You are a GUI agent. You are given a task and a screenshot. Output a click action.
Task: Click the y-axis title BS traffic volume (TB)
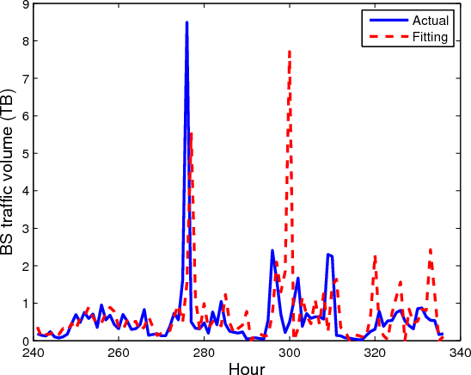[x=10, y=172]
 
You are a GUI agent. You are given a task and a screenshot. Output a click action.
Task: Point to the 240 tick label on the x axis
[x=34, y=352]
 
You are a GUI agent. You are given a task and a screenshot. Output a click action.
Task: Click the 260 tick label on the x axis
[x=119, y=352]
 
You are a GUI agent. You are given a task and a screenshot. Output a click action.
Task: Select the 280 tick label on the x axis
[x=205, y=352]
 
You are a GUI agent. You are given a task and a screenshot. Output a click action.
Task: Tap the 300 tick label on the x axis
[x=290, y=352]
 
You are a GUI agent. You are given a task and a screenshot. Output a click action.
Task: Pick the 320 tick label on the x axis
[x=375, y=352]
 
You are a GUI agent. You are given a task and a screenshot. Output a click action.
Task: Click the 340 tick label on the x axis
[x=459, y=352]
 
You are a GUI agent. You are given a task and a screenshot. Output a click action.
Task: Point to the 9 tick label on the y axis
[x=25, y=4]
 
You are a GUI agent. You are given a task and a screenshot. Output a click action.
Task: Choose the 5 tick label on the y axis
[x=25, y=154]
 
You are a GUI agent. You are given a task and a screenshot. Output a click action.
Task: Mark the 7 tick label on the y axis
[x=25, y=79]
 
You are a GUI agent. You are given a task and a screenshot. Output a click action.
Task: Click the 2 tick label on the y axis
[x=25, y=267]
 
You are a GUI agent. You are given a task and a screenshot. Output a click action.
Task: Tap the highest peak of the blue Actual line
[x=187, y=23]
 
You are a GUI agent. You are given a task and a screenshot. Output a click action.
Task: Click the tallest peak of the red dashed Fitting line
[x=290, y=51]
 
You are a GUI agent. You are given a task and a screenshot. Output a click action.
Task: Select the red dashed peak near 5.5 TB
[x=191, y=133]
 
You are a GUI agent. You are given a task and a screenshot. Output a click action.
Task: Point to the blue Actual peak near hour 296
[x=272, y=250]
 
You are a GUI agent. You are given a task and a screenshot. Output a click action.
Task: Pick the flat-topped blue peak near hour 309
[x=329, y=255]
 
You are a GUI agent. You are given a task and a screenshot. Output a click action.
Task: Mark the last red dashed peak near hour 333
[x=430, y=249]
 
